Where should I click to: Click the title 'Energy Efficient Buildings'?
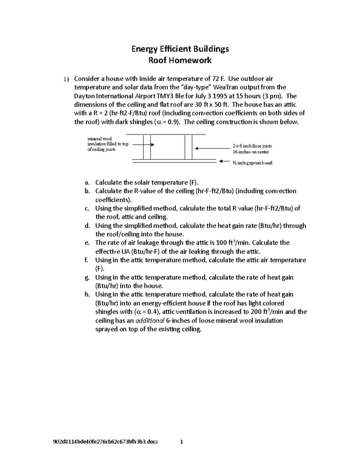[180, 49]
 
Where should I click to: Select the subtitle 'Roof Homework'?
[180, 60]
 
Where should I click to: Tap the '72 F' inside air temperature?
[218, 79]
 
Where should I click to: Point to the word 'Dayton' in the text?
[84, 96]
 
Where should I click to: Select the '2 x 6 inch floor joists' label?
[252, 146]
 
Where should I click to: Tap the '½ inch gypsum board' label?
[252, 163]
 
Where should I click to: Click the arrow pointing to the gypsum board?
[224, 161]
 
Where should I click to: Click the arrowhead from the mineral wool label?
[152, 145]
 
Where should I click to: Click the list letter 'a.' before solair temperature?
[87, 182]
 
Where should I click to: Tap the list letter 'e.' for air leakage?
[87, 242]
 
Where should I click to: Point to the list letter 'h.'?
[87, 294]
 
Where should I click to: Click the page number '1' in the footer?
[181, 442]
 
